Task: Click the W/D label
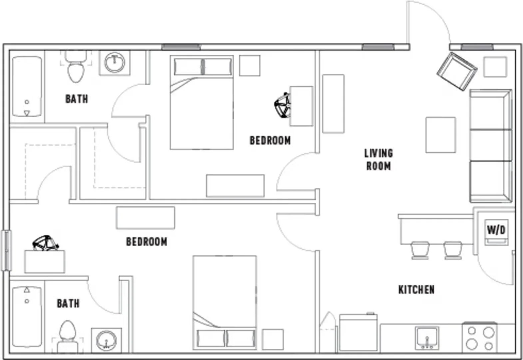(x=496, y=230)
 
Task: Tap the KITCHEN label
(x=416, y=290)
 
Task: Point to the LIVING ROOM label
(x=378, y=160)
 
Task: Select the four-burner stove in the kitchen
(x=480, y=337)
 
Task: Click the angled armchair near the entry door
(x=457, y=71)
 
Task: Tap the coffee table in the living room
(x=441, y=135)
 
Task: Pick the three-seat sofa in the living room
(x=491, y=146)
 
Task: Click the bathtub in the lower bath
(x=27, y=317)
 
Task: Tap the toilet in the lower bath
(x=68, y=337)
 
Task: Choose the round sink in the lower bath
(x=107, y=340)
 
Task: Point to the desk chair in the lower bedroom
(x=46, y=243)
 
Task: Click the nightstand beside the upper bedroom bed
(x=250, y=66)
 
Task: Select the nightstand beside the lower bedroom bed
(x=273, y=339)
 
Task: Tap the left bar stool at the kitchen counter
(x=420, y=250)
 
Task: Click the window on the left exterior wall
(x=6, y=251)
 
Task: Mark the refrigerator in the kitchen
(x=358, y=333)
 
